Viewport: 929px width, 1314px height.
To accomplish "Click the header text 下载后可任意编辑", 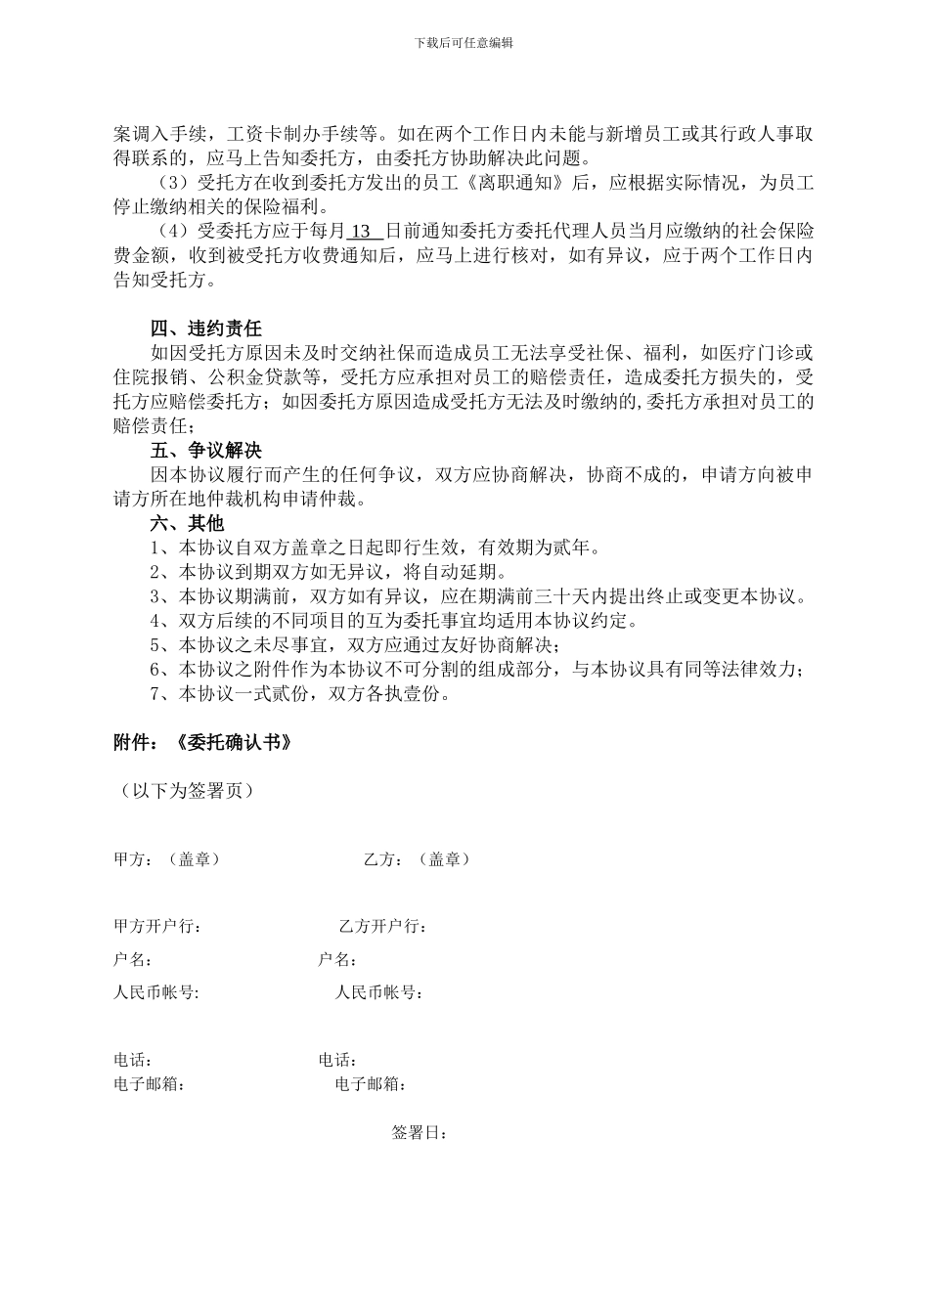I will pos(464,43).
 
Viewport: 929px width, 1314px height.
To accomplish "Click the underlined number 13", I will pos(362,232).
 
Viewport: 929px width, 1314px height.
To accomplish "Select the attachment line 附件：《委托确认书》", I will pos(203,743).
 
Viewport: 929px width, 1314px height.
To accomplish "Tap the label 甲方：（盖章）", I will pos(167,859).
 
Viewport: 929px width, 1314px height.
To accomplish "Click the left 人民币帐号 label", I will pos(156,993).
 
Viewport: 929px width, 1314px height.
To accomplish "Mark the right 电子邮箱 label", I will pos(371,1084).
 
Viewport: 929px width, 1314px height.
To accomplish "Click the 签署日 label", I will pos(420,1133).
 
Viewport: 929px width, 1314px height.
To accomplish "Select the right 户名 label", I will pos(336,960).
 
